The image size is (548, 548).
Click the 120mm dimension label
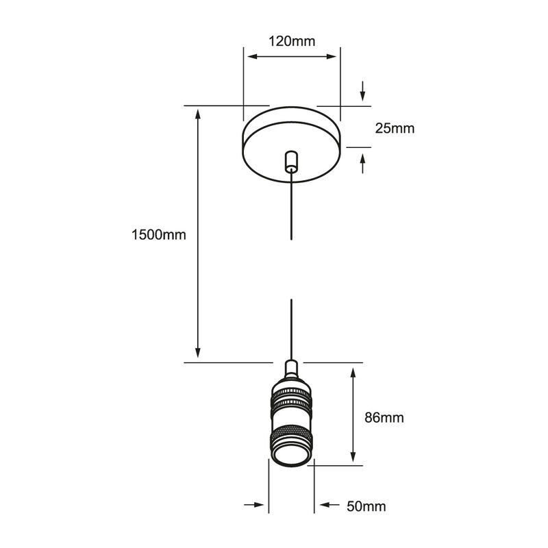click(292, 41)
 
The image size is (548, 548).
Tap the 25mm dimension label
click(394, 128)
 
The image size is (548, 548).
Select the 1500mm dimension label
click(159, 235)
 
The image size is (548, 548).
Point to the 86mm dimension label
click(384, 417)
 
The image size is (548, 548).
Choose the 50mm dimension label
click(366, 507)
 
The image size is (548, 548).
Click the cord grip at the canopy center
click(292, 161)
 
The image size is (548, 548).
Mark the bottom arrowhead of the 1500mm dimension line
click(199, 353)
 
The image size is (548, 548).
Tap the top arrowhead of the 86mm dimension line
click(353, 374)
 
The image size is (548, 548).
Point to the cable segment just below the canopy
click(292, 206)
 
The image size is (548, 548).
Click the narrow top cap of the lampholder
click(292, 370)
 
